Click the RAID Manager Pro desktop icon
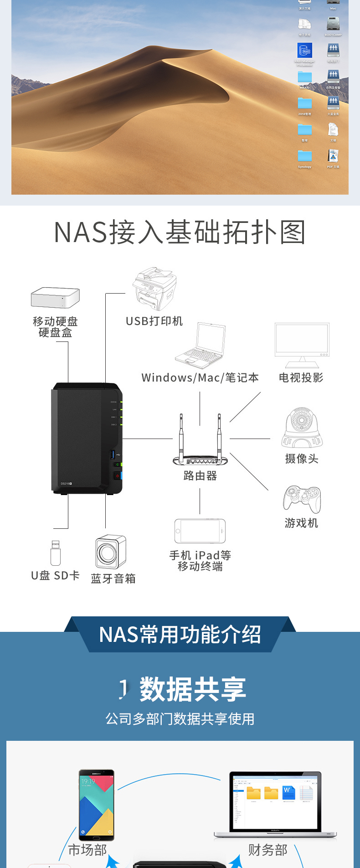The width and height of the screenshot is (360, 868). (305, 50)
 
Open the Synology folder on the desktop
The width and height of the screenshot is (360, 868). (305, 156)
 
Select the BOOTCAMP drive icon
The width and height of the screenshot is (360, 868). (333, 23)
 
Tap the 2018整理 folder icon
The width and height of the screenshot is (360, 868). (305, 103)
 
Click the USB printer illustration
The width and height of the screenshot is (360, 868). (154, 289)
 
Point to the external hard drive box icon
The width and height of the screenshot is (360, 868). (55, 298)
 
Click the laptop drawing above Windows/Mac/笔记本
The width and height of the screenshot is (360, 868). (201, 345)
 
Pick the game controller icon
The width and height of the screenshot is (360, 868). (302, 499)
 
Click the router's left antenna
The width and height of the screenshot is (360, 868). (181, 435)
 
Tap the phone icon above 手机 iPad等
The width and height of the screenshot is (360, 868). (200, 531)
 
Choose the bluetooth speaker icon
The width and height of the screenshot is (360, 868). (110, 552)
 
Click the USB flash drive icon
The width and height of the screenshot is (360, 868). (56, 553)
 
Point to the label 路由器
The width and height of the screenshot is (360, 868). (200, 476)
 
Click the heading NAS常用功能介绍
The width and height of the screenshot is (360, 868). (180, 635)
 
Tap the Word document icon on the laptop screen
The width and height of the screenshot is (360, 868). (288, 792)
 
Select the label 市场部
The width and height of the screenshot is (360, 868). (87, 850)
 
